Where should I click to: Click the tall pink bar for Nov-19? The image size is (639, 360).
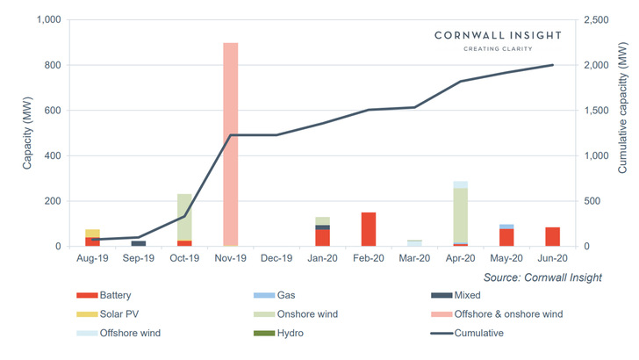pos(230,145)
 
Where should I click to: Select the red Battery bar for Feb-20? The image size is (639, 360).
pos(369,229)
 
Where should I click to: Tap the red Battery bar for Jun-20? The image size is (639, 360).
pos(552,237)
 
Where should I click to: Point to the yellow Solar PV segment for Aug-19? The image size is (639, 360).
pos(92,233)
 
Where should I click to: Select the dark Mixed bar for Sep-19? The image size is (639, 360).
pos(139,243)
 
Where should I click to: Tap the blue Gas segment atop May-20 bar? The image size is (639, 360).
pos(506,227)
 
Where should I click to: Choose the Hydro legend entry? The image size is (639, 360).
pos(303,334)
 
